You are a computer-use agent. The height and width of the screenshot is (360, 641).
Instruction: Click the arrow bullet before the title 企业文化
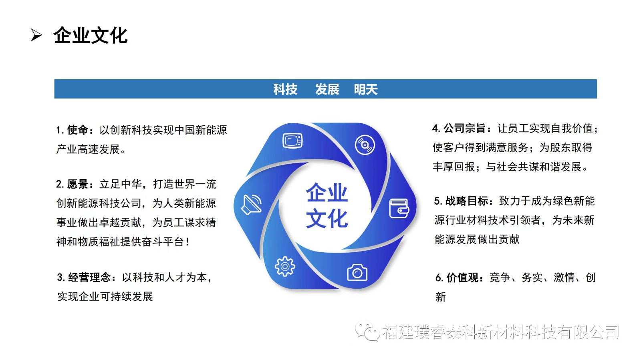point(36,36)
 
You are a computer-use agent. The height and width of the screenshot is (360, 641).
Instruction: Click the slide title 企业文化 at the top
point(91,36)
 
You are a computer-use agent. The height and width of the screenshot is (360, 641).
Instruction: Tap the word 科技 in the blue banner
point(285,89)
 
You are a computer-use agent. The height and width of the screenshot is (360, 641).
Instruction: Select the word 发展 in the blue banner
point(327,89)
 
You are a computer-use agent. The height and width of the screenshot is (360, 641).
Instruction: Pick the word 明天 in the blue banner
point(366,89)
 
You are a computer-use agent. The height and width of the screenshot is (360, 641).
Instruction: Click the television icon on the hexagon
point(292,141)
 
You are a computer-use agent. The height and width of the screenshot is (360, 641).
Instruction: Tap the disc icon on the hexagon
point(365,145)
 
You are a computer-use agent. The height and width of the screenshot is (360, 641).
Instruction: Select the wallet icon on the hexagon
point(399,209)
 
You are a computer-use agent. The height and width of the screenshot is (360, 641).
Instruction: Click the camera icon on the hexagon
point(357,272)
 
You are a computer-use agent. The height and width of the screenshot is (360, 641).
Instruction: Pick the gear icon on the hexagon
point(285,267)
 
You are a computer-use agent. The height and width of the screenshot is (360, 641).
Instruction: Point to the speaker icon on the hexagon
point(252,205)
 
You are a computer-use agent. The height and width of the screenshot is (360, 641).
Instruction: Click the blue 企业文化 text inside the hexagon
point(327,205)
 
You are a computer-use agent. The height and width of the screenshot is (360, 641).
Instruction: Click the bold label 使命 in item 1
point(78,130)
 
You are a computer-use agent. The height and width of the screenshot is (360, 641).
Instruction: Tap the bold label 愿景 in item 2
point(78,184)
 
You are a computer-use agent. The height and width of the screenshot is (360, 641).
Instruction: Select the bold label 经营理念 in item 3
point(89,278)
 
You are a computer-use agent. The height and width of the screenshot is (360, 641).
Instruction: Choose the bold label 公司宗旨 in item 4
point(465,129)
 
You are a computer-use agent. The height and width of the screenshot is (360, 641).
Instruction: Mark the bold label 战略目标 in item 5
point(467,201)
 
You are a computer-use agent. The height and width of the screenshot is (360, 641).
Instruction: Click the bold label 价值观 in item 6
point(462,278)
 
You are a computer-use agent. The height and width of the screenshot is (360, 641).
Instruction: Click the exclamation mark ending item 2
point(187,242)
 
